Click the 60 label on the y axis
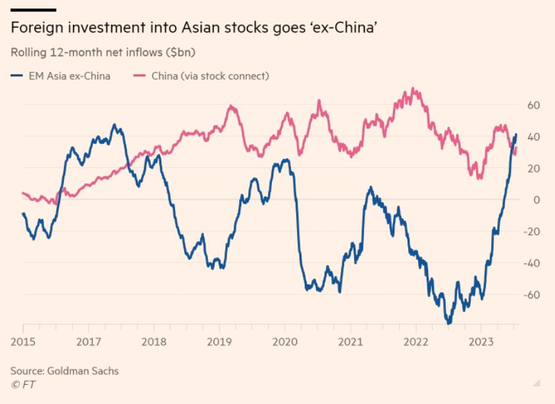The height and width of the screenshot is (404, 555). [534, 105]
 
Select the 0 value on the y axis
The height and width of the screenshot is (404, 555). [537, 200]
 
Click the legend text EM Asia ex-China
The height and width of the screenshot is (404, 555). [69, 76]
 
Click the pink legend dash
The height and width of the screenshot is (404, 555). [140, 76]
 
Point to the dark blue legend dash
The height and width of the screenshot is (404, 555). [16, 76]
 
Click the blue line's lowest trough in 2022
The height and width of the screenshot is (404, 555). [449, 323]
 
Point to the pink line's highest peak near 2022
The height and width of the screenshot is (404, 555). [413, 88]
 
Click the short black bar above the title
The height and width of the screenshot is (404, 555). [33, 10]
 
